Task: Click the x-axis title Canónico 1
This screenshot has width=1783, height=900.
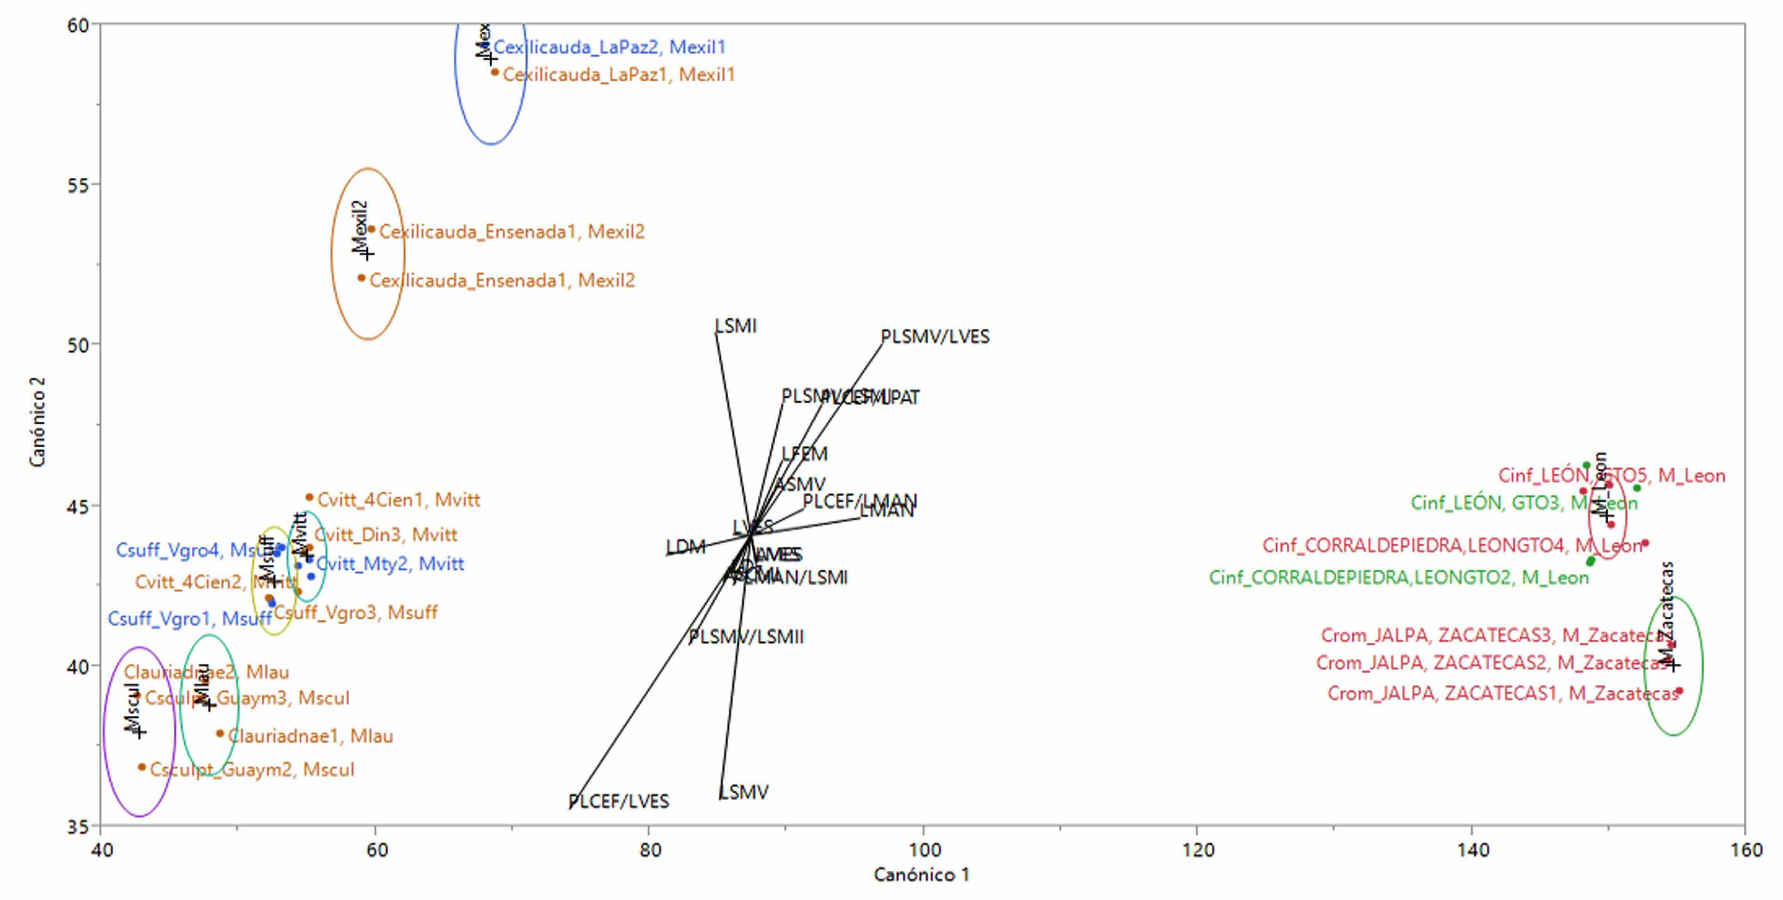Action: pos(921,874)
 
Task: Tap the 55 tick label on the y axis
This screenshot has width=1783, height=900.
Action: pos(78,185)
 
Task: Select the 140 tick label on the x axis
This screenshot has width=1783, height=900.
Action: pos(1471,850)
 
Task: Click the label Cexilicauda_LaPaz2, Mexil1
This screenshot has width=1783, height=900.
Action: pos(609,47)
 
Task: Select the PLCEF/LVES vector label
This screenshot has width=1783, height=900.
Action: pos(619,801)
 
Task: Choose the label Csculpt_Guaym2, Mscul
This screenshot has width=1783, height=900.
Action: pos(252,769)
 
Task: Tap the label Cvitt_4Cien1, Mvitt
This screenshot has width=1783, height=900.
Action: pos(399,499)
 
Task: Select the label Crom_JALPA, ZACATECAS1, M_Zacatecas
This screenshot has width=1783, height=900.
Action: pos(1502,693)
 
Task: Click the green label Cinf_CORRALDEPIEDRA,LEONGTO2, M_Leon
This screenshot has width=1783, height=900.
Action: pos(1398,578)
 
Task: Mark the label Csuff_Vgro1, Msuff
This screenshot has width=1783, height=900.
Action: pos(189,618)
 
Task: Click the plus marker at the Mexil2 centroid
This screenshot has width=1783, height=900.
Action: pos(367,254)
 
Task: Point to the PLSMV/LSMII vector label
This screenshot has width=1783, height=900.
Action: pos(746,636)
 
